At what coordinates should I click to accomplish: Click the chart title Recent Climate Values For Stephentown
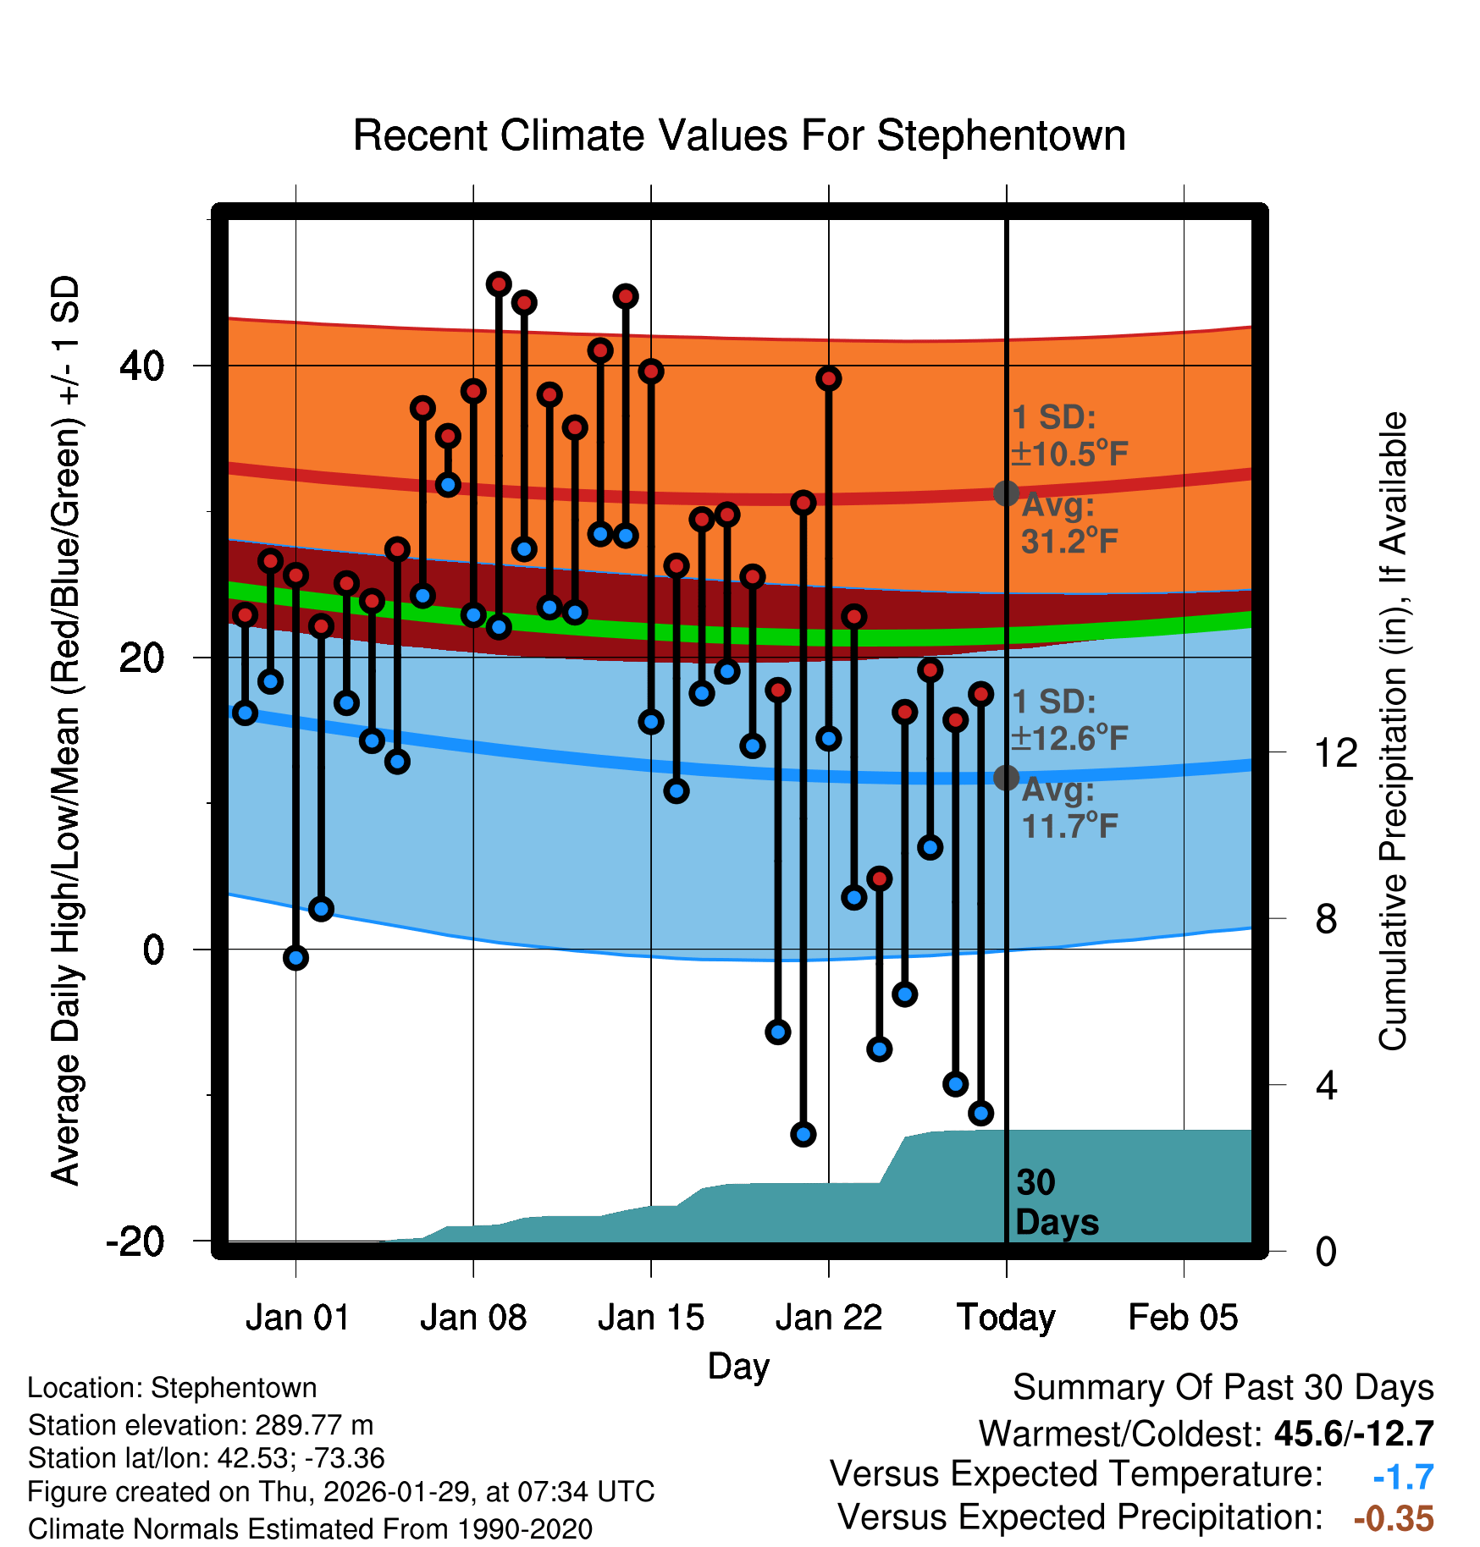pyautogui.click(x=739, y=136)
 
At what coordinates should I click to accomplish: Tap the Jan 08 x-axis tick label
pyautogui.click(x=473, y=1318)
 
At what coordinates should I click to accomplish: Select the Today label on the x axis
pyautogui.click(x=1006, y=1318)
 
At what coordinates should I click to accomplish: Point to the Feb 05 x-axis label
pyautogui.click(x=1183, y=1318)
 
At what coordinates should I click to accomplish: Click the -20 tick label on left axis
pyautogui.click(x=135, y=1241)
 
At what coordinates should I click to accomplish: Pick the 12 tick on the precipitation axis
pyautogui.click(x=1335, y=752)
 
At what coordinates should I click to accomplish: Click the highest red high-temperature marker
pyautogui.click(x=499, y=284)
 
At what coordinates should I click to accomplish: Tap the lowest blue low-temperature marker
pyautogui.click(x=804, y=1134)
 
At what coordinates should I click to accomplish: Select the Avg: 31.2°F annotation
pyautogui.click(x=1069, y=524)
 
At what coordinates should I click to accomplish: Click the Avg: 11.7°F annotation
pyautogui.click(x=1069, y=808)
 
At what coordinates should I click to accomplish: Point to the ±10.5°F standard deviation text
pyautogui.click(x=1069, y=454)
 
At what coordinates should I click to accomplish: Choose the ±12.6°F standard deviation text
pyautogui.click(x=1069, y=739)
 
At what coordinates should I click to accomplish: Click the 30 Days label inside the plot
pyautogui.click(x=1056, y=1203)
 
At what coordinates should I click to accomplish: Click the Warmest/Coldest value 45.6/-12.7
pyautogui.click(x=1354, y=1434)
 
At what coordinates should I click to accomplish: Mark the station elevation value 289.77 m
pyautogui.click(x=314, y=1425)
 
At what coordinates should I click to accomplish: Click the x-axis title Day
pyautogui.click(x=739, y=1366)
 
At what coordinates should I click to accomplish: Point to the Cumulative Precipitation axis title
pyautogui.click(x=1393, y=732)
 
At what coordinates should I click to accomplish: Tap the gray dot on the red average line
pyautogui.click(x=1006, y=493)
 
